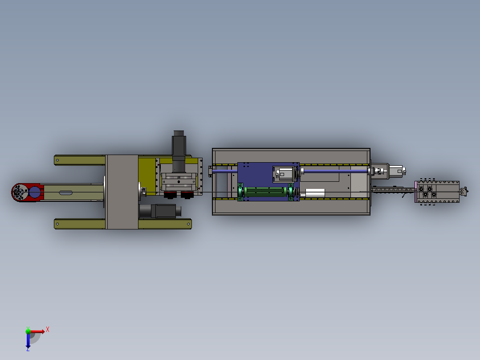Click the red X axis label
click(48, 330)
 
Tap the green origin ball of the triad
click(28, 331)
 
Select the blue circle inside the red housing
click(35, 192)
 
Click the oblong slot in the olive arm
click(65, 193)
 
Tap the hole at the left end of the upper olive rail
click(57, 160)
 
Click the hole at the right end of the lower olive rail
click(188, 224)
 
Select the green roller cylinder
click(265, 192)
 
